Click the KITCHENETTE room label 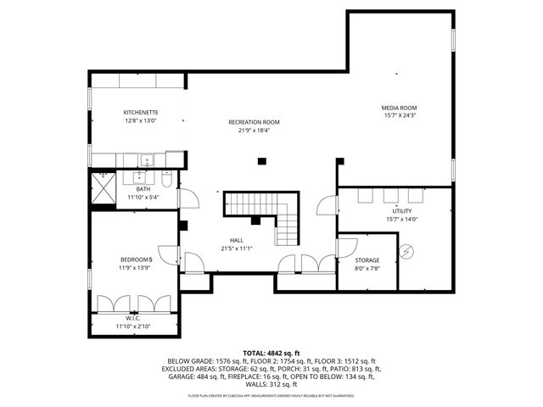[x=140, y=113]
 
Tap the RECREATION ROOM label [x=254, y=122]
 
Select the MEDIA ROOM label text [x=399, y=108]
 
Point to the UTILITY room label [x=401, y=211]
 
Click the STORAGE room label [x=367, y=260]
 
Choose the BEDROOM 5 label [x=137, y=259]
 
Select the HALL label [x=237, y=240]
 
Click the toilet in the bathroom [x=167, y=180]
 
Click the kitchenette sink [x=146, y=159]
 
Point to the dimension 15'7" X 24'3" [x=399, y=117]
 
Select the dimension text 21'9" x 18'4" [x=254, y=131]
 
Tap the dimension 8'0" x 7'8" [x=367, y=270]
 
